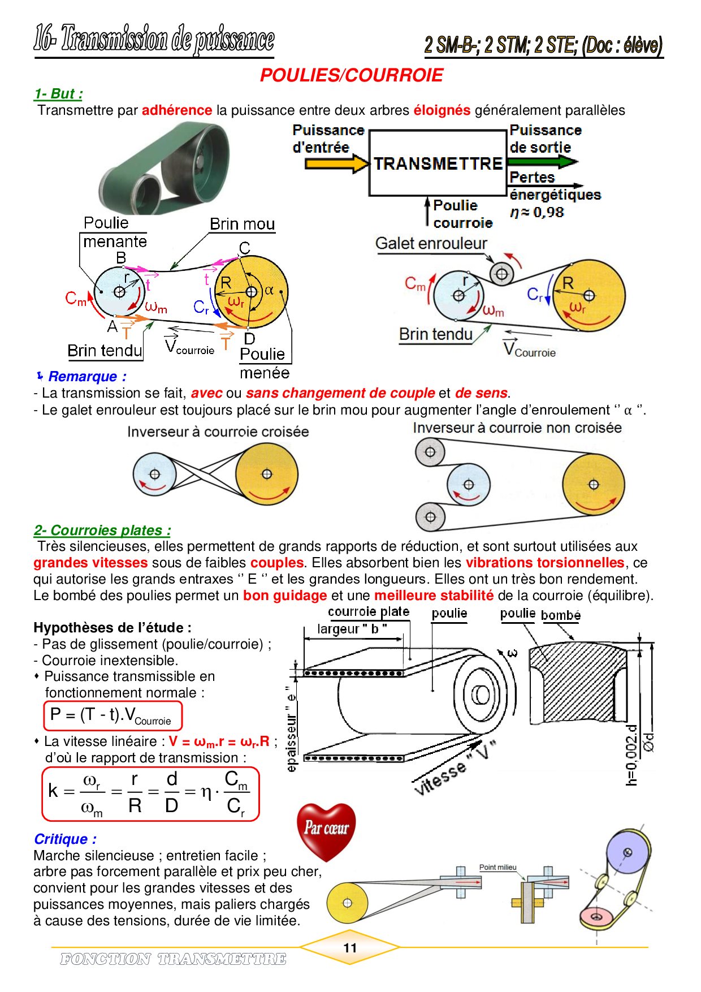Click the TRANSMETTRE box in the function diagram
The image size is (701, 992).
coord(438,163)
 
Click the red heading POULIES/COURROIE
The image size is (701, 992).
coord(351,75)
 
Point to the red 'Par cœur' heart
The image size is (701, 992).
coord(326,830)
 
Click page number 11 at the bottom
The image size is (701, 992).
coord(350,948)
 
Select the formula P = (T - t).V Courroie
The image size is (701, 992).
coord(113,716)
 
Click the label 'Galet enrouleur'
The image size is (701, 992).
coord(431,244)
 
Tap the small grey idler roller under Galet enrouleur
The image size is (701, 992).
coord(501,274)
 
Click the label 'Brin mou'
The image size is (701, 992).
coord(242,225)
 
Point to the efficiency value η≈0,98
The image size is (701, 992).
coord(536,213)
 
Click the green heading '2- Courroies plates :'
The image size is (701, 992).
coord(102,530)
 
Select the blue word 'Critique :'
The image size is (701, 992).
coord(65,839)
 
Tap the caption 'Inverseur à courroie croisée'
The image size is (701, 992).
coord(218,432)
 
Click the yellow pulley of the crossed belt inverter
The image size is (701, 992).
coord(266,474)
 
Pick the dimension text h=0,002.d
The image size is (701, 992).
coord(632,755)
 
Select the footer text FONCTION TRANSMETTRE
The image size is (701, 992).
coord(173,959)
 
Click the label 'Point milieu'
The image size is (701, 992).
coord(497,868)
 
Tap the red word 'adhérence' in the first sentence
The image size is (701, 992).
coord(177,110)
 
